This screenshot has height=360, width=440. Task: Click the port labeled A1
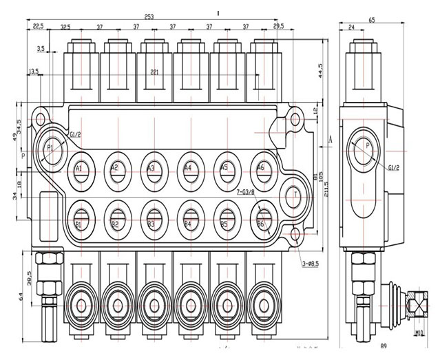(x=79, y=169)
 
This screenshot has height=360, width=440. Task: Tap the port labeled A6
(x=261, y=168)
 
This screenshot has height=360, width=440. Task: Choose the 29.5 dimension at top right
(x=278, y=26)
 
